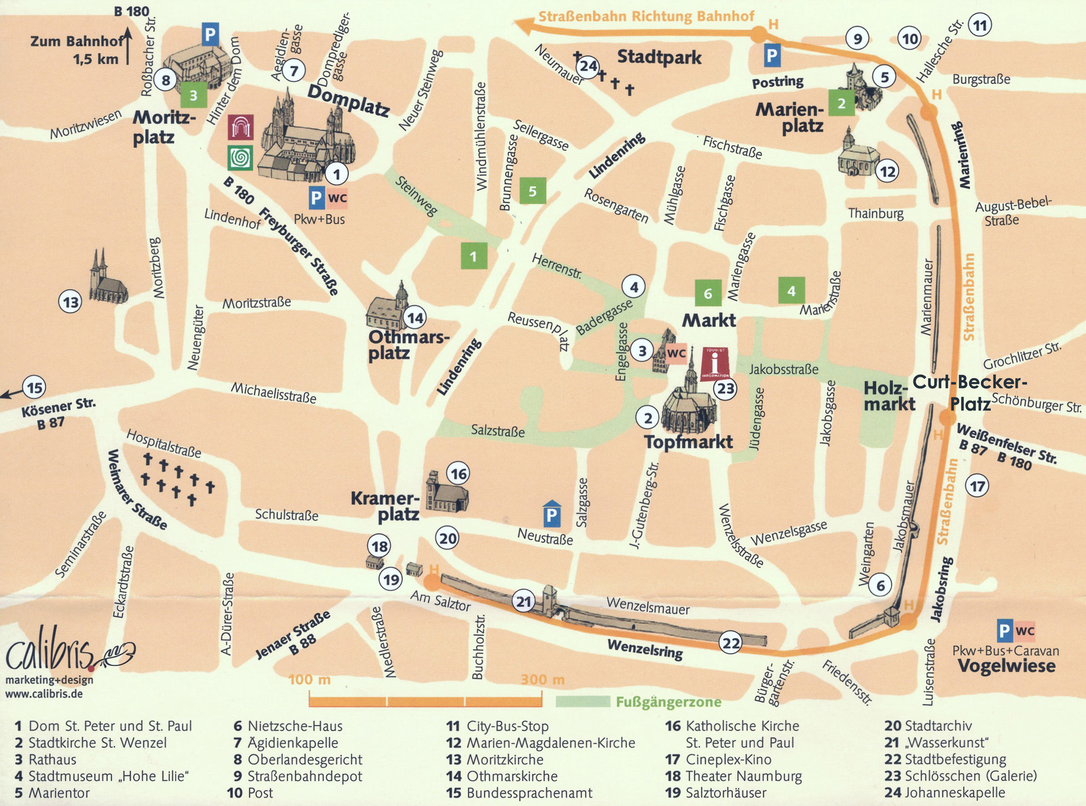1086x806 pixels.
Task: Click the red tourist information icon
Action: [715, 363]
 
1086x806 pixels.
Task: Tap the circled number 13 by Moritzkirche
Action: [71, 303]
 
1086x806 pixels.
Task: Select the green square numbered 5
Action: [533, 191]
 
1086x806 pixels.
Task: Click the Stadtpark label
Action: [659, 57]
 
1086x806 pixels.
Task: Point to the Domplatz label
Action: [348, 101]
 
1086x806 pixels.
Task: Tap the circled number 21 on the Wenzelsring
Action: [524, 602]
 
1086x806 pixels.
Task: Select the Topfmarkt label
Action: [688, 442]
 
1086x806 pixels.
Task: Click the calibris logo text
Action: [49, 654]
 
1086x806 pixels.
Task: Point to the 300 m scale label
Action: [542, 679]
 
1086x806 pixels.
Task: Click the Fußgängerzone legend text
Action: [668, 702]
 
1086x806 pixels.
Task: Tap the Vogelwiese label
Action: [1006, 666]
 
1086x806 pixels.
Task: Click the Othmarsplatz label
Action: [407, 345]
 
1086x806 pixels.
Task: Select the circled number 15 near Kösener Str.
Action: [34, 388]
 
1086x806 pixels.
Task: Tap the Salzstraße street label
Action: [497, 431]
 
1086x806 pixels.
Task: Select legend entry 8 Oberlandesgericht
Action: [298, 760]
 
